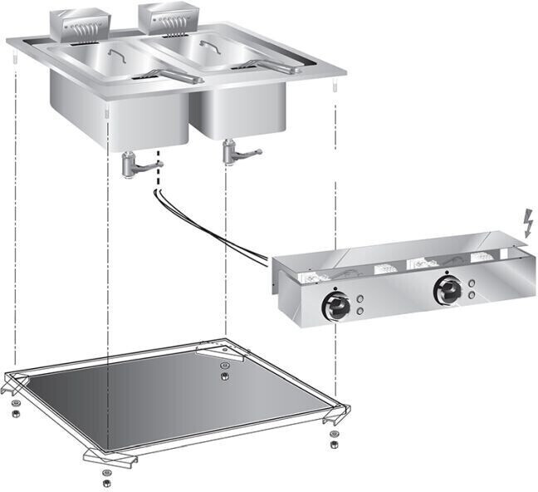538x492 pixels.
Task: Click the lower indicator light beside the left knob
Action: click(x=360, y=311)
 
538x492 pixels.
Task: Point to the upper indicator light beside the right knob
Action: click(x=472, y=284)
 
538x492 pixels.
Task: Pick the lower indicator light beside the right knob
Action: click(x=472, y=294)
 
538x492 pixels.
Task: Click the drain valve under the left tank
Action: click(x=133, y=163)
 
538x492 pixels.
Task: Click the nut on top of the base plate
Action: click(x=225, y=374)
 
